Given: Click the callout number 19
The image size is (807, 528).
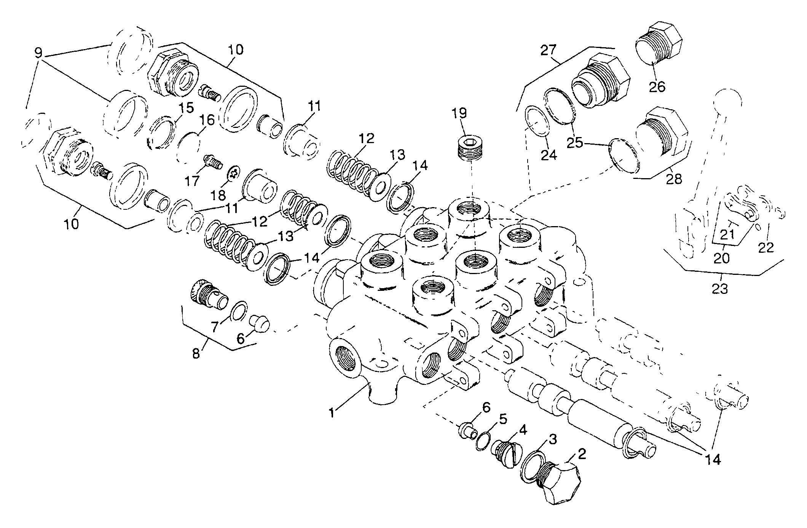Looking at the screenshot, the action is tap(459, 113).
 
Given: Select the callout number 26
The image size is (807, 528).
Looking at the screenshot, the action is tap(657, 87).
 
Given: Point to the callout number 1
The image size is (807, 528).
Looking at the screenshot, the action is tap(333, 412).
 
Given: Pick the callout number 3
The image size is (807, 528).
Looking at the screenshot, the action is tap(552, 439).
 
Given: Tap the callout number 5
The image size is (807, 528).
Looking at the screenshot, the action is tap(503, 419).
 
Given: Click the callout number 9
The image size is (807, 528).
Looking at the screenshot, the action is tap(38, 53).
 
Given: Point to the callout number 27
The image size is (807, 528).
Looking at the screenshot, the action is tap(549, 50).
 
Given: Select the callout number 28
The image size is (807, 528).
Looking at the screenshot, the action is tap(674, 179).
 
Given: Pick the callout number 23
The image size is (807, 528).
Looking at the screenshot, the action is tap(719, 289).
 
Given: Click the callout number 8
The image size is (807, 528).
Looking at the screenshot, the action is tap(196, 354).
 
